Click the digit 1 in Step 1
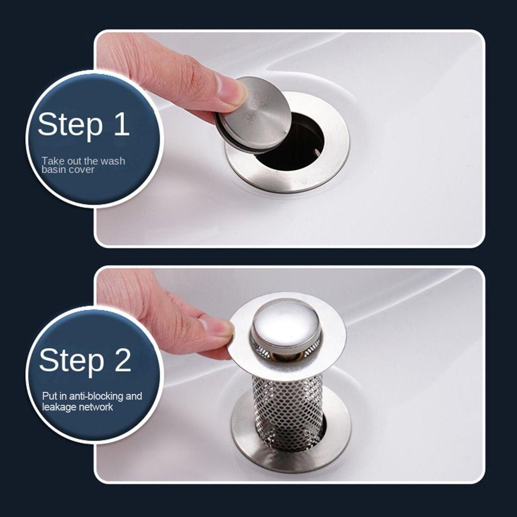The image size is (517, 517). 122,124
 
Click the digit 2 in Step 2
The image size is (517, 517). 123,360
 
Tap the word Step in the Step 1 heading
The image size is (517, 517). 70,126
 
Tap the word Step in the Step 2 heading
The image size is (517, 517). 71,362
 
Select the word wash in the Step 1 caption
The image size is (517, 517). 112,161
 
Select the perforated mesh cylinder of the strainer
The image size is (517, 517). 287,412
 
